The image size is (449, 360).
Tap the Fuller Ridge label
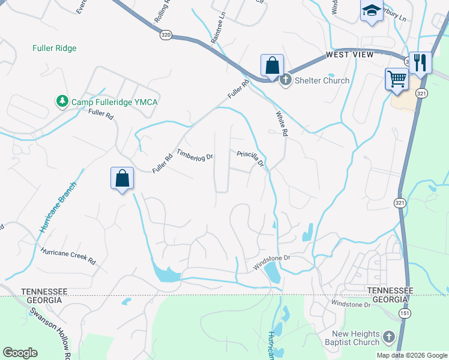click(x=54, y=48)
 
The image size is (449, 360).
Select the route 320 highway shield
click(x=166, y=36)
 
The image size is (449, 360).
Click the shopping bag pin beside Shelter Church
click(x=271, y=66)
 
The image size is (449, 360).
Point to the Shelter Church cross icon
click(x=286, y=80)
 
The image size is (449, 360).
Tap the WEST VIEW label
click(x=349, y=55)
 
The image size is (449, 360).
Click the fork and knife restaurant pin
click(x=420, y=62)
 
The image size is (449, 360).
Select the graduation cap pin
click(x=372, y=12)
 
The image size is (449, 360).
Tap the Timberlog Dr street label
click(x=195, y=154)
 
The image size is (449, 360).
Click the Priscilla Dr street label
click(x=251, y=158)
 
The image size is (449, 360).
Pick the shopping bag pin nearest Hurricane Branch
click(x=122, y=179)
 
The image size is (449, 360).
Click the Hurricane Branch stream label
click(x=59, y=207)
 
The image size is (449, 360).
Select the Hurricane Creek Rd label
click(x=68, y=257)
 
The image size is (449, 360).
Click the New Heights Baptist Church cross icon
click(x=388, y=337)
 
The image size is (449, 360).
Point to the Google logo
click(x=20, y=353)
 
